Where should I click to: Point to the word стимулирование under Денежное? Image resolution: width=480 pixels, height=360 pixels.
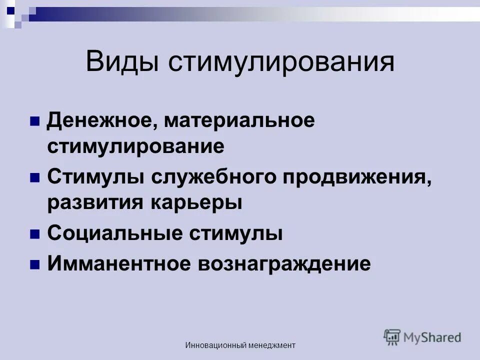coord(135,147)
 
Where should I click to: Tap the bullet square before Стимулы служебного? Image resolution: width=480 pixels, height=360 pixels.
coord(35,178)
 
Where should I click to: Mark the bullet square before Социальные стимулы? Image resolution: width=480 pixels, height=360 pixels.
coord(35,234)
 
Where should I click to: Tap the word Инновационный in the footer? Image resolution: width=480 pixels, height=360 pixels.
coord(216,345)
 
